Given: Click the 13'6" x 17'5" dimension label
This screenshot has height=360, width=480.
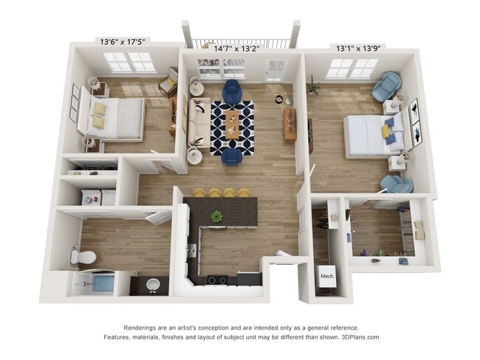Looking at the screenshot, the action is pyautogui.click(x=123, y=41).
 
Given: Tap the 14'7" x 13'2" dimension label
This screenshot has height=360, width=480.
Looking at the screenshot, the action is pyautogui.click(x=236, y=49).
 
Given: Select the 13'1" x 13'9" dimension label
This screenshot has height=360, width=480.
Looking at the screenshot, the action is pyautogui.click(x=358, y=48).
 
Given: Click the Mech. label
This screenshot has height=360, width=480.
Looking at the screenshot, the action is pyautogui.click(x=327, y=276).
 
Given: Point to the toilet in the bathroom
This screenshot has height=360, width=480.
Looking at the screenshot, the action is pyautogui.click(x=83, y=257).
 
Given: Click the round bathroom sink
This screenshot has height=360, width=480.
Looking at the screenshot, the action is pyautogui.click(x=153, y=285).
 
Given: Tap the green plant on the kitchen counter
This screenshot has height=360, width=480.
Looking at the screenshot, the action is pyautogui.click(x=216, y=216).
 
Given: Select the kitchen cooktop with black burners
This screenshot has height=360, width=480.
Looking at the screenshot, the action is pyautogui.click(x=216, y=280).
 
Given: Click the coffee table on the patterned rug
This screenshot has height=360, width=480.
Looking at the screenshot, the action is pyautogui.click(x=233, y=125).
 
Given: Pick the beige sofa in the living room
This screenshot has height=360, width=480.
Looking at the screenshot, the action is pyautogui.click(x=199, y=122).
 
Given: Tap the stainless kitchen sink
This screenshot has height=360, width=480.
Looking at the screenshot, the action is pyautogui.click(x=192, y=251).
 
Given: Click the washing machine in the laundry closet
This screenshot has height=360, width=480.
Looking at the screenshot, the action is pyautogui.click(x=92, y=197).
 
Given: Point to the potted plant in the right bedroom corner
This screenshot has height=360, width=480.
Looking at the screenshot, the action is pyautogui.click(x=313, y=84).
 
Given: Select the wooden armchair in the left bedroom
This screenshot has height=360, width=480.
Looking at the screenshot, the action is pyautogui.click(x=168, y=82).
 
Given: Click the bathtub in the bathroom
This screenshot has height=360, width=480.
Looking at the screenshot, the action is pyautogui.click(x=103, y=283).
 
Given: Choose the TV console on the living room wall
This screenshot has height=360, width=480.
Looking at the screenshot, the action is pyautogui.click(x=289, y=125).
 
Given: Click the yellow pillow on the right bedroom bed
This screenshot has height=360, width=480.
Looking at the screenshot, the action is pyautogui.click(x=385, y=131).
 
